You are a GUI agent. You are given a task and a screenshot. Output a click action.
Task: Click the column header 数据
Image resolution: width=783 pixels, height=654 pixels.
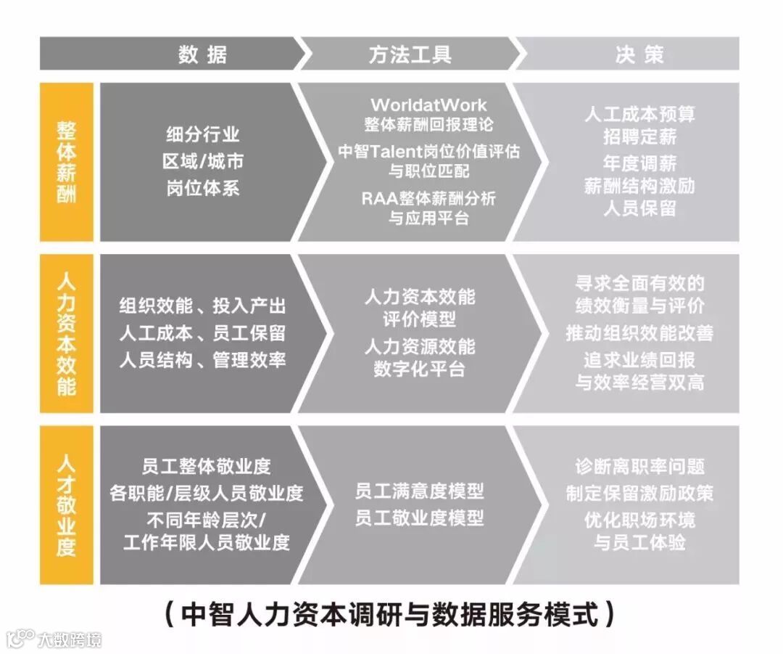click(202, 54)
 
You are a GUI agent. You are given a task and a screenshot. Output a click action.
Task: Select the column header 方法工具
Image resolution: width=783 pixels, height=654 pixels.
click(410, 54)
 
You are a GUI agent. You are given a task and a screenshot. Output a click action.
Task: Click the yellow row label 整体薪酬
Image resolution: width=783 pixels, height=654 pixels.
click(67, 162)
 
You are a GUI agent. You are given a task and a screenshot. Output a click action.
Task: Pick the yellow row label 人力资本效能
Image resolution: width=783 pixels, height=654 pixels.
click(67, 333)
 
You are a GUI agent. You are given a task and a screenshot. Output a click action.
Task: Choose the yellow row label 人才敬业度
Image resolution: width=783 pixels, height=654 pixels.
click(67, 504)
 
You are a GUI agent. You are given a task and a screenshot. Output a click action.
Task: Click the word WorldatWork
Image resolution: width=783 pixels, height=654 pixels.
click(429, 105)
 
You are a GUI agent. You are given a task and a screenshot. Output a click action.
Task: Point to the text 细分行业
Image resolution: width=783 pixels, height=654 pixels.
click(202, 134)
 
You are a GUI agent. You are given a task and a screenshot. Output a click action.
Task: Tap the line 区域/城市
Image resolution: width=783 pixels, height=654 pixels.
click(202, 160)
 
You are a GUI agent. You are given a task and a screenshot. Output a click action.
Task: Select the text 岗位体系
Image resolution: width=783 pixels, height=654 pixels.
click(202, 187)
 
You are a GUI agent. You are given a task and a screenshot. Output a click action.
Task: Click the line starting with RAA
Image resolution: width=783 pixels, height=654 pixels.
click(429, 197)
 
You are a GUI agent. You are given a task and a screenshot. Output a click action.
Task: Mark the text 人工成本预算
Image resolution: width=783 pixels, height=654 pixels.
click(639, 114)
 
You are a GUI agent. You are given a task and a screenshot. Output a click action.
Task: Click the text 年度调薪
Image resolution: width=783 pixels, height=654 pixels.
click(639, 161)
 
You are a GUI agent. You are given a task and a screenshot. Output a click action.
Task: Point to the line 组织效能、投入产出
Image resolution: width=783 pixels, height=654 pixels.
click(202, 306)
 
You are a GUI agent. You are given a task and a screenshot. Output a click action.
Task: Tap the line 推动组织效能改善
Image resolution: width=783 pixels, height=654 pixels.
click(639, 332)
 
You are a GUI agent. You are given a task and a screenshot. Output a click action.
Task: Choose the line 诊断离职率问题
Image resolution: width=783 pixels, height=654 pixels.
click(639, 467)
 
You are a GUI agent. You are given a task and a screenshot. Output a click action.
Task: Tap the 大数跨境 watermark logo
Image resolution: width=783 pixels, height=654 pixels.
click(54, 639)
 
